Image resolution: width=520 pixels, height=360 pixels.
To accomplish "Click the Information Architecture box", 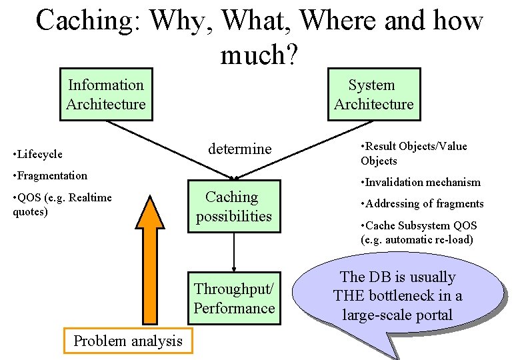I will click(106, 95).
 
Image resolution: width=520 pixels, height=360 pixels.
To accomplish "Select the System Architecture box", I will click(373, 95).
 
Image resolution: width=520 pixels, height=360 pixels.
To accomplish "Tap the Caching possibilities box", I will click(233, 207).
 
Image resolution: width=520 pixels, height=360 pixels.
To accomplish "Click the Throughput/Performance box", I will click(234, 298).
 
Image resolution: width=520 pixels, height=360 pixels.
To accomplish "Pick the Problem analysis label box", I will click(127, 341).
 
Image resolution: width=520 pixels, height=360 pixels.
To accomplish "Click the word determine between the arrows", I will click(239, 149).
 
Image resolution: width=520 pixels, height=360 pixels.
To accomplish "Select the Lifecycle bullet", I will click(40, 155).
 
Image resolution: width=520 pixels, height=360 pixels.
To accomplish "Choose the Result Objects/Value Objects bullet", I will click(413, 153).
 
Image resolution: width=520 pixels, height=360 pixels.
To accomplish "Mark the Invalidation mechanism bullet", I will click(420, 182).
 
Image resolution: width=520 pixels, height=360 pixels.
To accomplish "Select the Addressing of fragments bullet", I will click(421, 204).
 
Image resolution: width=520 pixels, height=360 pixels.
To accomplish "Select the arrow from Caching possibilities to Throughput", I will click(234, 251).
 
